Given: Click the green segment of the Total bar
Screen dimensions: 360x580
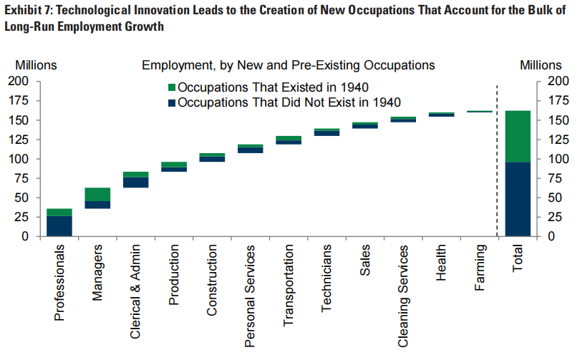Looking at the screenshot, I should tap(517, 136).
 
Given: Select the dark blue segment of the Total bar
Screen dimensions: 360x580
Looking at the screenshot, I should tap(517, 199).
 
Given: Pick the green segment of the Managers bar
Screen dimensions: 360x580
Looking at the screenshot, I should tap(97, 194).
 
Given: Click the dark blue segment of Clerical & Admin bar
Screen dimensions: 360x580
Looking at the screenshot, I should tap(135, 183).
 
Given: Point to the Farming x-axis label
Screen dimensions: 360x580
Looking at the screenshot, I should tap(480, 268).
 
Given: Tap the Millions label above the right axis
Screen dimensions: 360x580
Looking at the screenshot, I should tap(541, 65).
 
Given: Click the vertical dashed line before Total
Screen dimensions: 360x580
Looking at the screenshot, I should tap(497, 157).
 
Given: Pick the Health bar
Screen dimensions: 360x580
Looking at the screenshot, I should tap(442, 114).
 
